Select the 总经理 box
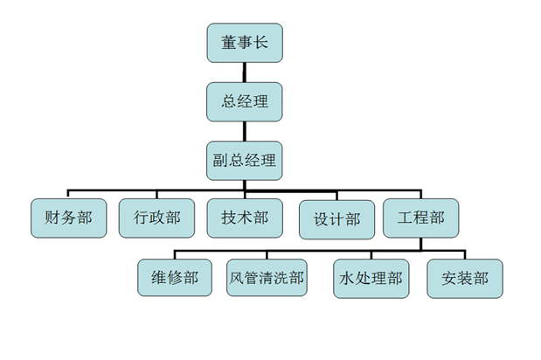[x=245, y=101]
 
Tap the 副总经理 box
[x=245, y=160]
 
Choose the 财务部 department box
[x=68, y=218]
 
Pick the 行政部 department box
[x=156, y=218]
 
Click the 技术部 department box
[x=245, y=218]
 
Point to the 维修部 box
[x=175, y=279]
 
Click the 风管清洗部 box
[x=267, y=279]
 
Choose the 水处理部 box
[x=371, y=279]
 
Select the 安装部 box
[x=465, y=279]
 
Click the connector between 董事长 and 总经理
[x=245, y=73]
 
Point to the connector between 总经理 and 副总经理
[x=245, y=131]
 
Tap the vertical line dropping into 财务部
[x=69, y=194]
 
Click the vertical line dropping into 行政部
[x=156, y=194]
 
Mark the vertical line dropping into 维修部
[x=175, y=254]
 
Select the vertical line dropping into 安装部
[x=465, y=254]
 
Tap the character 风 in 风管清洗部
[x=236, y=279]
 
